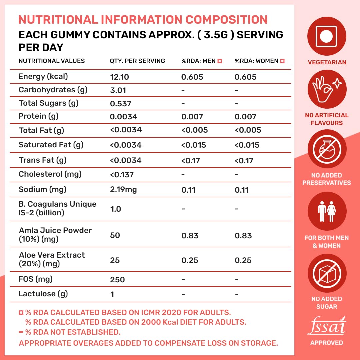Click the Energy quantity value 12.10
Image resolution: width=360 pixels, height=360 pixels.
pyautogui.click(x=119, y=77)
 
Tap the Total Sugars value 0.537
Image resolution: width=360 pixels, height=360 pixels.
pyautogui.click(x=121, y=104)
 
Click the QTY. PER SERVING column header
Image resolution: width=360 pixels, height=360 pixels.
pyautogui.click(x=137, y=61)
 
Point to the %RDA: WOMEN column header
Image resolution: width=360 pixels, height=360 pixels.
pyautogui.click(x=260, y=61)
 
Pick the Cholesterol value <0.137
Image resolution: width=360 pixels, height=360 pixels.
pyautogui.click(x=122, y=174)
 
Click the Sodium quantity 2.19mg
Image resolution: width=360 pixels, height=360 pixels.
pyautogui.click(x=123, y=190)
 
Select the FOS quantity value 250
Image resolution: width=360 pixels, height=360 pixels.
pyautogui.click(x=117, y=280)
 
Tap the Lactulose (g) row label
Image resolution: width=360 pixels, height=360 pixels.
pyautogui.click(x=43, y=294)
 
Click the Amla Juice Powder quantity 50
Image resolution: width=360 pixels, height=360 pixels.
pyautogui.click(x=115, y=235)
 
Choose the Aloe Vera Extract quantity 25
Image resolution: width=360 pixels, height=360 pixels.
pyautogui.click(x=115, y=260)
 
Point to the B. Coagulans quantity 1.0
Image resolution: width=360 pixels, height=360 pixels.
pyautogui.click(x=115, y=209)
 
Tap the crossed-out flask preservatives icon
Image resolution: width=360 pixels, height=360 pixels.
pyautogui.click(x=327, y=147)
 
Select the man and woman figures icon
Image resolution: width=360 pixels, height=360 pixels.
pyautogui.click(x=327, y=209)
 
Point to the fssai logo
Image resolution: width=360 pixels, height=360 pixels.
pyautogui.click(x=327, y=326)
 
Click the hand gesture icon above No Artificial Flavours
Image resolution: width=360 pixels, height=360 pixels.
pyautogui.click(x=327, y=89)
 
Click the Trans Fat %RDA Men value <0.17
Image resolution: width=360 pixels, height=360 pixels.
pyautogui.click(x=190, y=161)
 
